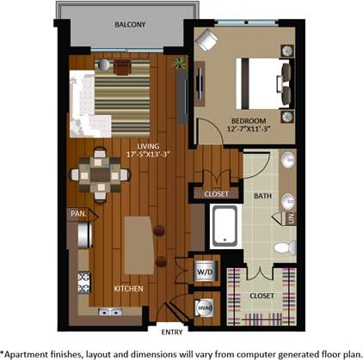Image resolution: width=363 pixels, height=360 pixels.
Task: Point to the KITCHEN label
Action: point(129,289)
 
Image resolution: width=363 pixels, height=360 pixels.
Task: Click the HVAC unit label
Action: point(206,307)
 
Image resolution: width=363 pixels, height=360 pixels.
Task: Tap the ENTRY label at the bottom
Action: point(172,331)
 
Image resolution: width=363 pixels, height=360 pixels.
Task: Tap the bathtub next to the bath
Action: point(225,225)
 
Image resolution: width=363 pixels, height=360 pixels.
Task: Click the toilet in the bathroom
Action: point(283,247)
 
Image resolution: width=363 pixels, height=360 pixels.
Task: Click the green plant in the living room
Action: point(178,63)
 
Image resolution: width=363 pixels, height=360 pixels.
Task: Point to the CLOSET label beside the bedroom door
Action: point(217,194)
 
